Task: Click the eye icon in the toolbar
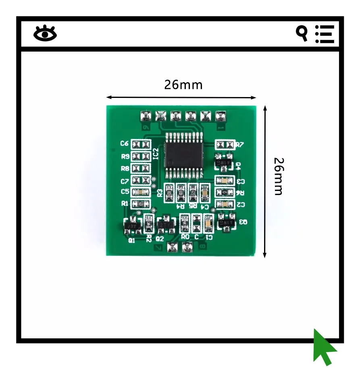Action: pyautogui.click(x=45, y=33)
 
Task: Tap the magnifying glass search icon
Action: pyautogui.click(x=302, y=33)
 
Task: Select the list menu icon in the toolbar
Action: pyautogui.click(x=325, y=34)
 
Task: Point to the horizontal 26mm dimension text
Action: pyautogui.click(x=183, y=85)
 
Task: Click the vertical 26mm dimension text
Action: pyautogui.click(x=278, y=176)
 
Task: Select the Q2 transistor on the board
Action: pyautogui.click(x=165, y=225)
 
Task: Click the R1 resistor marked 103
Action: pyautogui.click(x=140, y=204)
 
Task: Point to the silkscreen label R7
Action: pyautogui.click(x=240, y=145)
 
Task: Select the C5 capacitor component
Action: pyautogui.click(x=140, y=192)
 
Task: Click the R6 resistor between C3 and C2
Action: pyautogui.click(x=225, y=193)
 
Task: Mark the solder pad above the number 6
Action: pyautogui.click(x=145, y=117)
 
